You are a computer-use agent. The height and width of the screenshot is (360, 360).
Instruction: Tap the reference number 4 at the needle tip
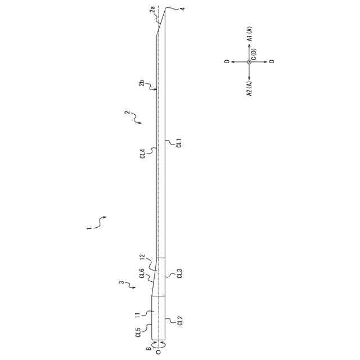coord(181,8)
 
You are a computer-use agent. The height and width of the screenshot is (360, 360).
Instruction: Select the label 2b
coord(142,85)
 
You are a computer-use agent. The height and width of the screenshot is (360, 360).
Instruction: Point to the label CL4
coord(142,153)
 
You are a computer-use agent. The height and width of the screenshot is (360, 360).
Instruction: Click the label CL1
coord(179,143)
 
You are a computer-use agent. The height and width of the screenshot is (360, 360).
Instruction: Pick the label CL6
coord(142,274)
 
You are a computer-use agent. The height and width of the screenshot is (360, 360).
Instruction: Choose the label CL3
coord(179,274)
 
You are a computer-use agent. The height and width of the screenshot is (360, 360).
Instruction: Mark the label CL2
coord(179,321)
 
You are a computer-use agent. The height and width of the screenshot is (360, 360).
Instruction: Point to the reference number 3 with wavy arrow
coord(121,283)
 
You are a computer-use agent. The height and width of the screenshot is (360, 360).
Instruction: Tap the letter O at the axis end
coord(158,352)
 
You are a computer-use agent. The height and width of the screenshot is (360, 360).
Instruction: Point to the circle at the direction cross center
coord(249,62)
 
